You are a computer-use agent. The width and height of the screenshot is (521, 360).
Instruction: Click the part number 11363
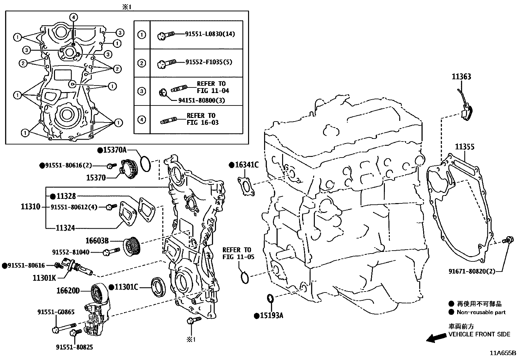461,77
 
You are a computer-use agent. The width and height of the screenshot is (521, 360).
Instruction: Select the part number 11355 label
465,147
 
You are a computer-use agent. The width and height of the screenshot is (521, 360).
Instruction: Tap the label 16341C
246,165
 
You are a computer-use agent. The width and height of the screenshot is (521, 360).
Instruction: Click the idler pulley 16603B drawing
132,245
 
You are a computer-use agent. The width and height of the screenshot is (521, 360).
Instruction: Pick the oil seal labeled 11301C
158,288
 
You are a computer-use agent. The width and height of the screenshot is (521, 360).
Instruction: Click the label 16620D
68,291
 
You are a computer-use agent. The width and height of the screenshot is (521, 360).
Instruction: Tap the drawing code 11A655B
503,353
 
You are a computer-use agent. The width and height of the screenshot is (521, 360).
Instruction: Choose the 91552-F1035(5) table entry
209,62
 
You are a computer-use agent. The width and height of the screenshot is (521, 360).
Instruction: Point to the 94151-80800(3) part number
202,100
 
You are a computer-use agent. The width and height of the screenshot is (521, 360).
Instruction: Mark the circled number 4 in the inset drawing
73,17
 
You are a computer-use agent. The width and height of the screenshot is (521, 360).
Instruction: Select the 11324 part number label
65,228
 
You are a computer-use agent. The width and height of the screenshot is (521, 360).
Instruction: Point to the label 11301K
44,278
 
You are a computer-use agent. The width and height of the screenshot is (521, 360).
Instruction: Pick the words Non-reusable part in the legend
481,313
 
